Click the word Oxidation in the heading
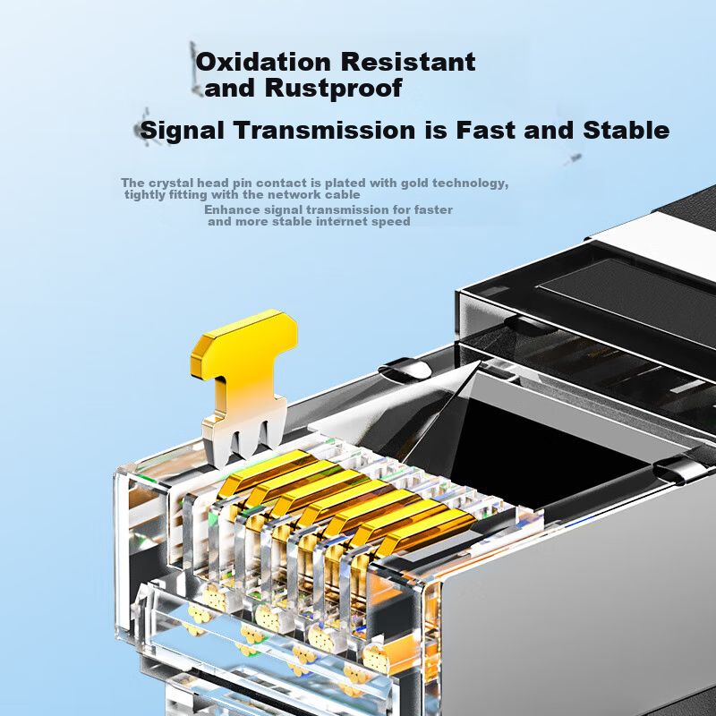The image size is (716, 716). click(x=263, y=62)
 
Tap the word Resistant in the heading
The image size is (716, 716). click(x=408, y=62)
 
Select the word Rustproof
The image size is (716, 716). click(x=334, y=89)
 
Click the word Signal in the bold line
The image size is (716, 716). click(x=183, y=131)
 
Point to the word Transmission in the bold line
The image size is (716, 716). click(x=324, y=130)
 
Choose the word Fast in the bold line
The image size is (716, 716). click(x=486, y=130)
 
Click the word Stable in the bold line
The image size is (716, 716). click(x=626, y=130)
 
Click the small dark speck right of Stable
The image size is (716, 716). click(x=575, y=158)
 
